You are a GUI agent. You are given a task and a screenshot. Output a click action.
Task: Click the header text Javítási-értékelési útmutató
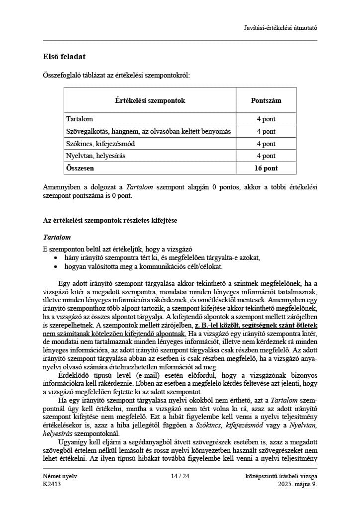tap(281, 27)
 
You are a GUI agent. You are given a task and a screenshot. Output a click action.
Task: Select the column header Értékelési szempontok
tap(150, 100)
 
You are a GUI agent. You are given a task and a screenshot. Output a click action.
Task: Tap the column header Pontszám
tap(266, 100)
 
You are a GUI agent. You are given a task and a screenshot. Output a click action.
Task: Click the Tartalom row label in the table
tap(80, 119)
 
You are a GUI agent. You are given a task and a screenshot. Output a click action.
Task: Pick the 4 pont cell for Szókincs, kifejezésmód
tap(266, 144)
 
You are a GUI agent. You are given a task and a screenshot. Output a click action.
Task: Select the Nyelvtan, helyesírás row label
tap(95, 156)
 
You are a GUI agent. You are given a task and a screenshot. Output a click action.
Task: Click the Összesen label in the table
tap(80, 168)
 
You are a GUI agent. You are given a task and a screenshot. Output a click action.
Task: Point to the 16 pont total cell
tap(266, 168)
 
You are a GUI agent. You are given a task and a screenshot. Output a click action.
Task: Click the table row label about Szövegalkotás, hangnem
tap(148, 132)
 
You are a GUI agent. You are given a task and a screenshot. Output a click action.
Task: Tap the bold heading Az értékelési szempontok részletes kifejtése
tap(110, 220)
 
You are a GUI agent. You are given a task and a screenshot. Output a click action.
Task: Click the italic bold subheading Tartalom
tap(57, 238)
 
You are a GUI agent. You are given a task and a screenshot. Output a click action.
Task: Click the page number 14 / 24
tap(180, 476)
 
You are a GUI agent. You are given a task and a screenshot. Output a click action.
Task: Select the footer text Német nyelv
tap(60, 476)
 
